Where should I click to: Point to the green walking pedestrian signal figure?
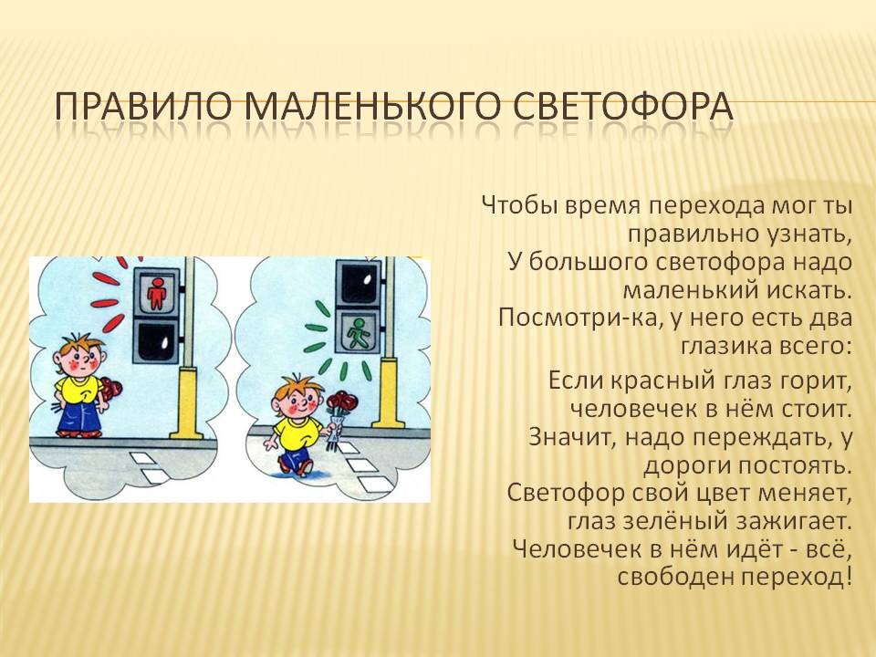point(357,332)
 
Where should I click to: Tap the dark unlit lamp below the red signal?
point(156,340)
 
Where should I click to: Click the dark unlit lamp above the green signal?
point(358,284)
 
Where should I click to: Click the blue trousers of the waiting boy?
point(79,416)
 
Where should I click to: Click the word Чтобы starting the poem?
point(520,205)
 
